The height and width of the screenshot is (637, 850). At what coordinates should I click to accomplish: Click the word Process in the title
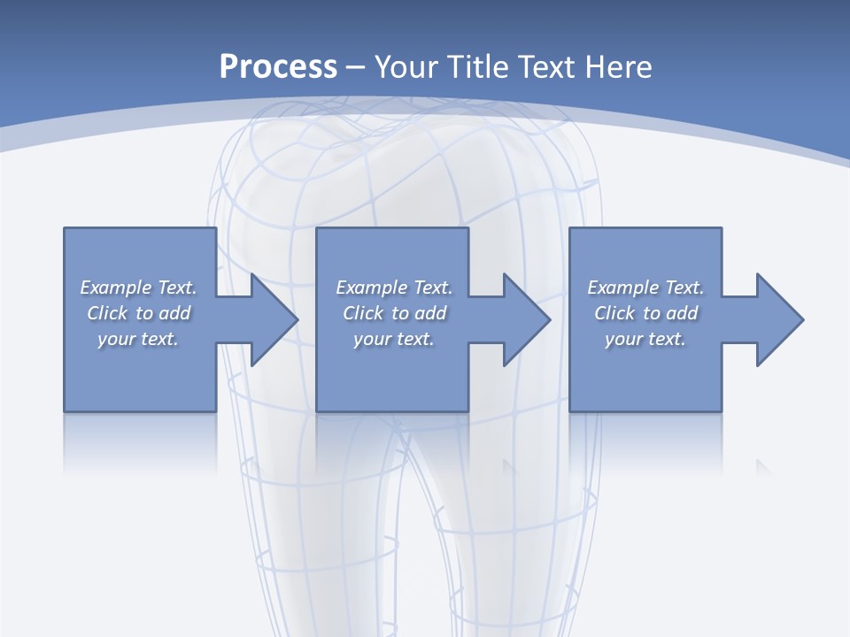click(x=278, y=67)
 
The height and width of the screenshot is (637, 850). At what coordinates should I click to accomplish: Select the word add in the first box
click(x=174, y=313)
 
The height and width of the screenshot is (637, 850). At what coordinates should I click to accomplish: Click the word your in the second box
click(x=371, y=339)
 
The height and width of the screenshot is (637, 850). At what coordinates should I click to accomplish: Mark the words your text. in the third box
click(x=645, y=339)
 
